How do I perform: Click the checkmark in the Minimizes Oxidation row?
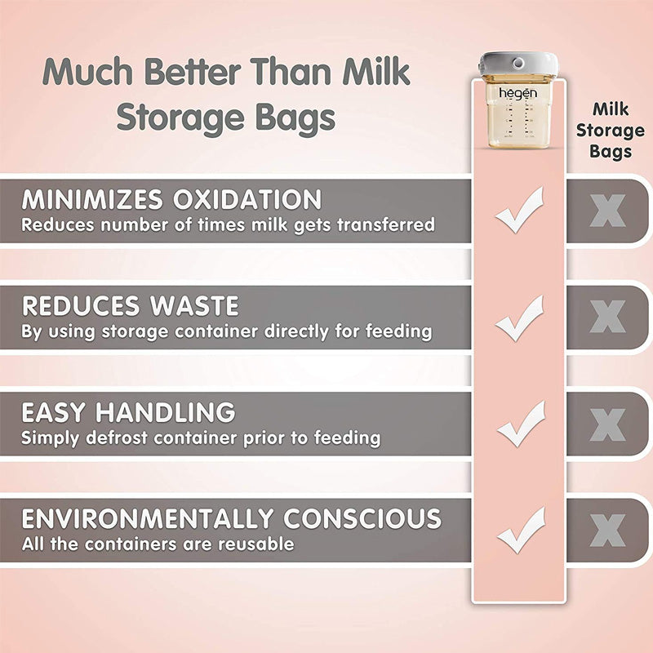coord(519,210)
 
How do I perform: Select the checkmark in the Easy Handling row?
coord(519,423)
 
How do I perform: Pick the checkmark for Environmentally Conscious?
coord(519,529)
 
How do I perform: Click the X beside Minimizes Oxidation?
coord(607,211)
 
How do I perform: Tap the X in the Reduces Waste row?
coord(607,317)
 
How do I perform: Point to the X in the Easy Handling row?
coord(607,424)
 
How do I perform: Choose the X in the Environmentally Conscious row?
coord(607,530)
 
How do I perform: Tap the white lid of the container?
coord(518,64)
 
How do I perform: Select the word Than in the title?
coord(291,73)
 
